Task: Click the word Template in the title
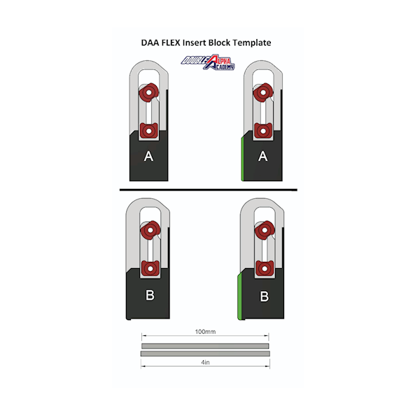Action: [252, 43]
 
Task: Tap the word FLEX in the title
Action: [171, 43]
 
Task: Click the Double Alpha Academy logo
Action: [208, 62]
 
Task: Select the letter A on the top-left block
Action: [148, 156]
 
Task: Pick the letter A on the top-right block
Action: [262, 156]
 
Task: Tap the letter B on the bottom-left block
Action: [150, 295]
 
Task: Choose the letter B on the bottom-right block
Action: [265, 296]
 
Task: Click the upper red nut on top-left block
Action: [149, 92]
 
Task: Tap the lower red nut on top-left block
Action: [148, 131]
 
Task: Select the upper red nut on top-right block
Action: [263, 92]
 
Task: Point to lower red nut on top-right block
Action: [263, 131]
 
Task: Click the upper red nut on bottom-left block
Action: [150, 230]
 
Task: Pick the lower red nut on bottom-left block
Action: [150, 268]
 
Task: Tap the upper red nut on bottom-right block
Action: [265, 230]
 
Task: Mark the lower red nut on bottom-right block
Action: [265, 268]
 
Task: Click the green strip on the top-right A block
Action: [242, 159]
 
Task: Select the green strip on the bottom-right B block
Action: [239, 297]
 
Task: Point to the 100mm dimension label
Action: [205, 332]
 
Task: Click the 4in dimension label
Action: [205, 363]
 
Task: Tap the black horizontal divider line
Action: [209, 190]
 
